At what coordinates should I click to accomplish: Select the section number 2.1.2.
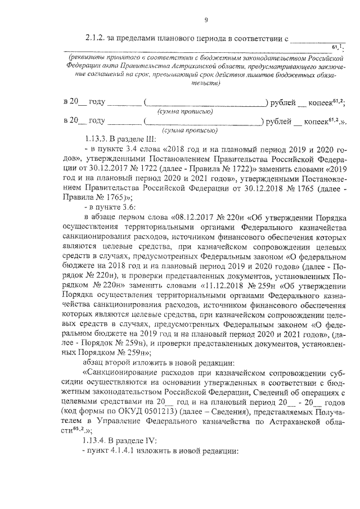(97, 40)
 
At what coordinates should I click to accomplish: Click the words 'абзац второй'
(108, 359)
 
